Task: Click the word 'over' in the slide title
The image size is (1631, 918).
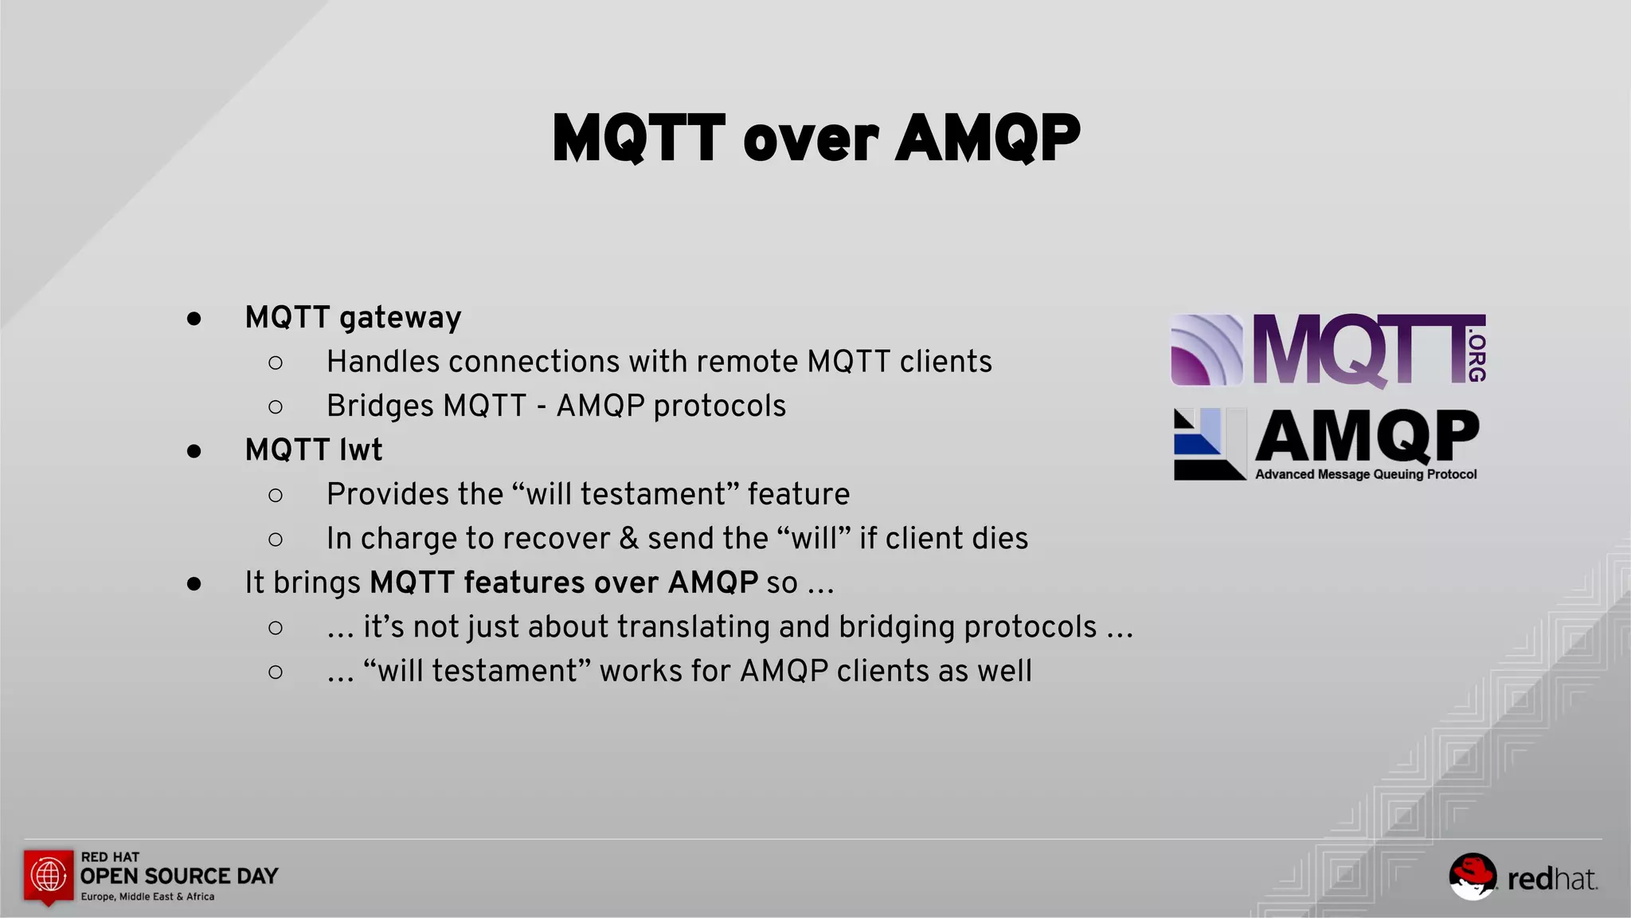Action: tap(811, 140)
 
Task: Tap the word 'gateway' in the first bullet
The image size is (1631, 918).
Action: tap(400, 318)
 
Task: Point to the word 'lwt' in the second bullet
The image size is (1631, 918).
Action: tap(361, 450)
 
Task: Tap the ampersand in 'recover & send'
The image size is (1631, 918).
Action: tap(628, 539)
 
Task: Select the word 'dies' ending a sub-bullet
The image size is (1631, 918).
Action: tap(999, 539)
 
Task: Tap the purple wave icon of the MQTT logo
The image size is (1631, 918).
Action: tap(1207, 351)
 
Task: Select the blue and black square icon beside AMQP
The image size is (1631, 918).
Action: tap(1209, 444)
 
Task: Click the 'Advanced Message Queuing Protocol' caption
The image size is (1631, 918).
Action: tap(1365, 475)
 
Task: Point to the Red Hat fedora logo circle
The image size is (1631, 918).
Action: tap(1472, 877)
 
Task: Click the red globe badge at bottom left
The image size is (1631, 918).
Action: tap(49, 876)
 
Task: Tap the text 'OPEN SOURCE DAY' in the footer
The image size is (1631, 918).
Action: tap(179, 877)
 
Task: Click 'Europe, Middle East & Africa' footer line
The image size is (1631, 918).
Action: tap(147, 897)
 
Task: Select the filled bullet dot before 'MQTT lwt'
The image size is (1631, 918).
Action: tap(194, 451)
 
